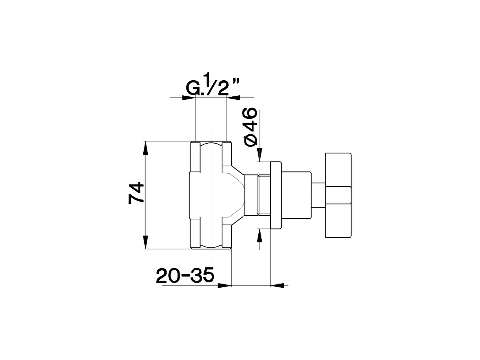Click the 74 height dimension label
pos(136,193)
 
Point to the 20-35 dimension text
pos(185,276)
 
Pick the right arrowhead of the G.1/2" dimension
pos(234,98)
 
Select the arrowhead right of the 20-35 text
pos(225,286)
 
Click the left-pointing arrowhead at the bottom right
pos(277,286)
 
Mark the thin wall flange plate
pos(276,195)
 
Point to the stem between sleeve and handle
pos(318,195)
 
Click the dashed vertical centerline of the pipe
pos(211,195)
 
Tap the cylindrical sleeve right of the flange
pos(296,195)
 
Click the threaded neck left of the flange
pos(264,195)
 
